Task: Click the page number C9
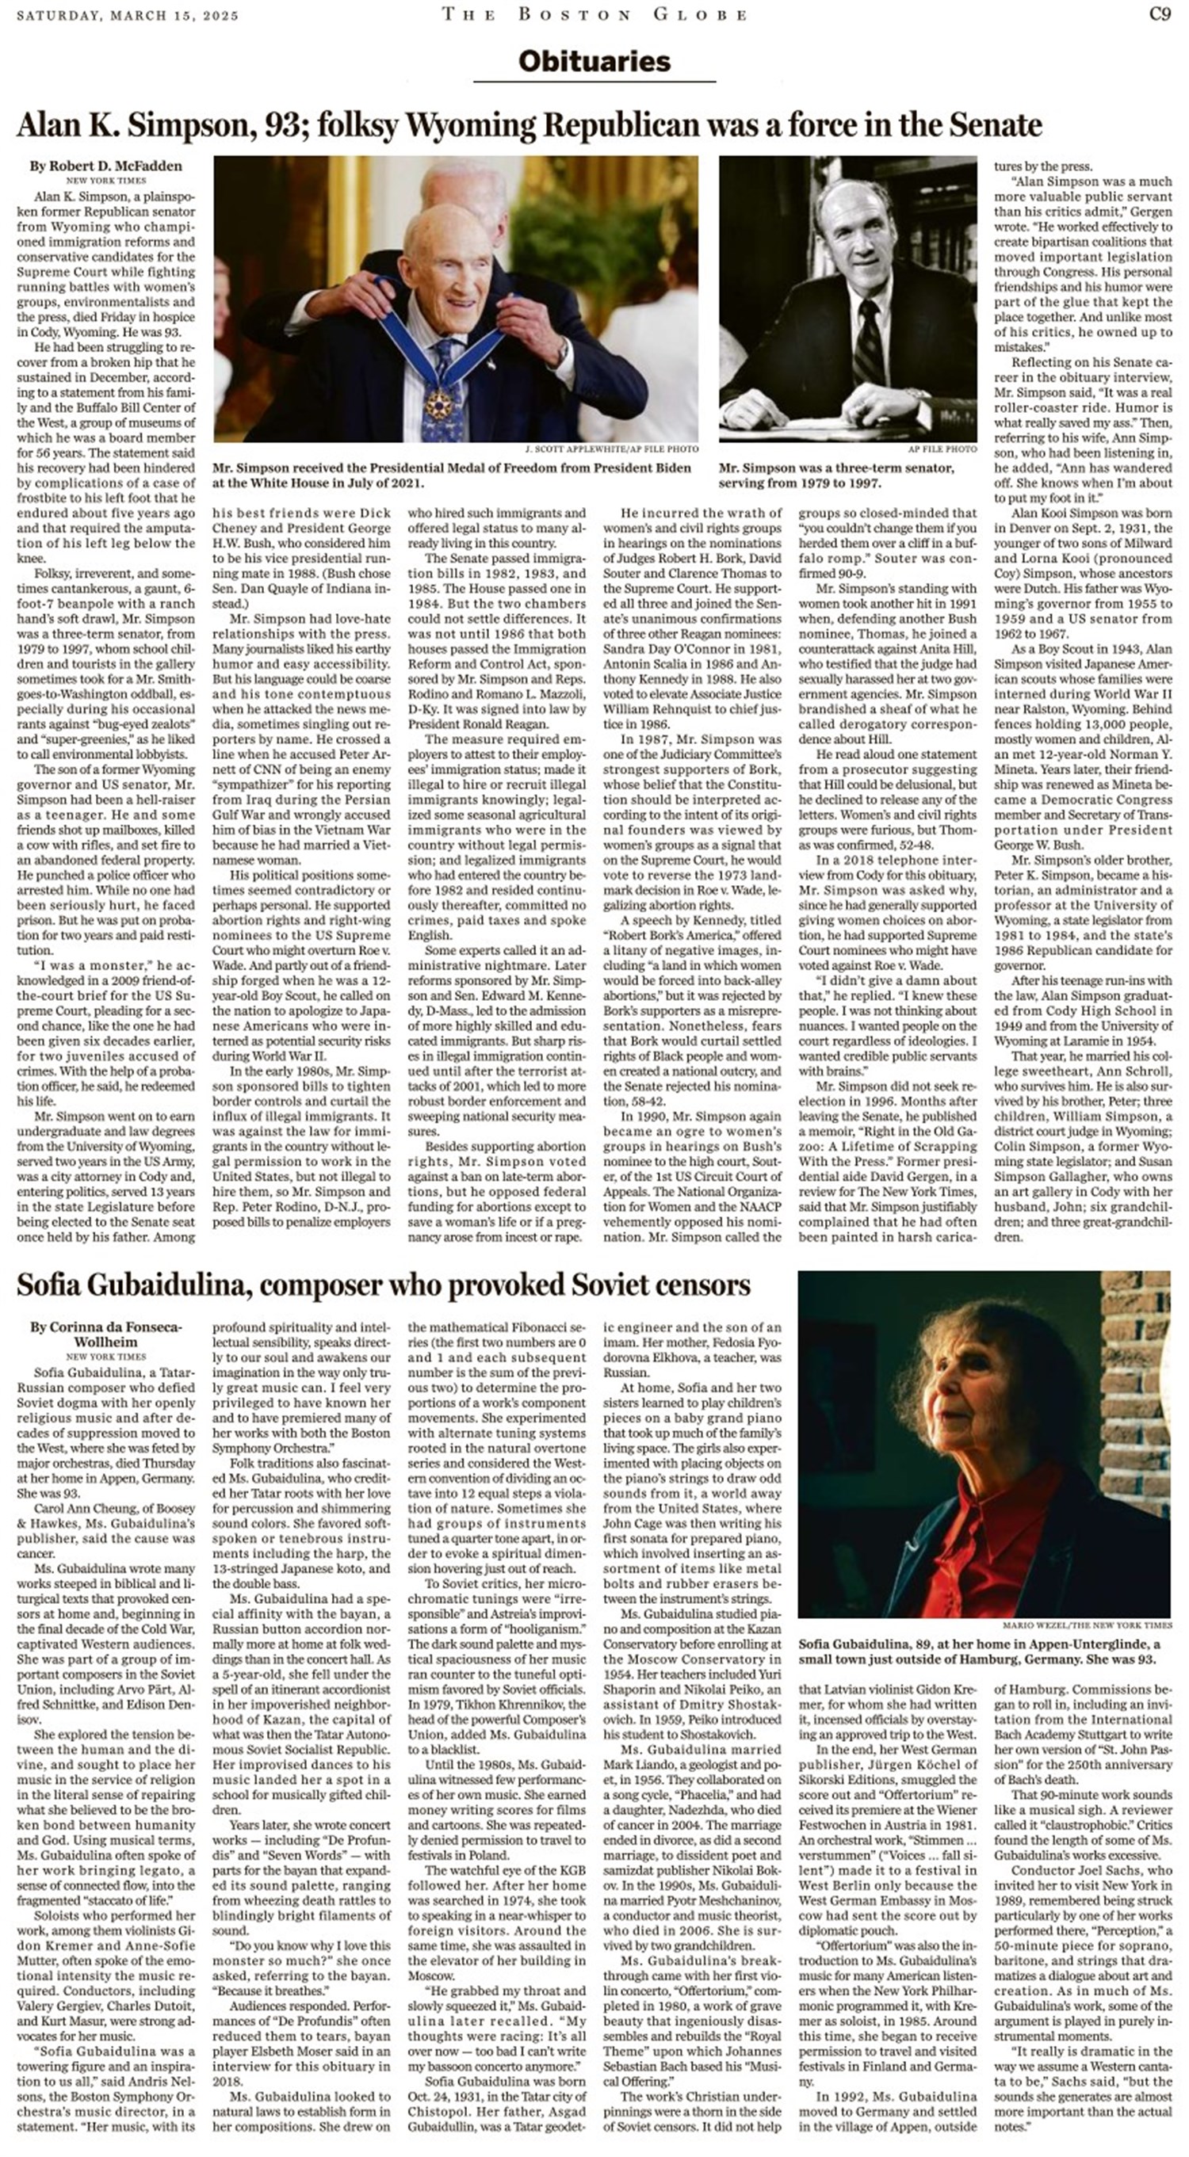click(1159, 13)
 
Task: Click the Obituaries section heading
click(594, 61)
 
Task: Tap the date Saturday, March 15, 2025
click(128, 15)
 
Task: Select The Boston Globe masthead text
click(594, 13)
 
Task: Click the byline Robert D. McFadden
click(105, 166)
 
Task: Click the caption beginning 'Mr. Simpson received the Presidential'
click(452, 475)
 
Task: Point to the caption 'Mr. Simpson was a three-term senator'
click(835, 475)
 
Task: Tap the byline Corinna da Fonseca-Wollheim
click(105, 1334)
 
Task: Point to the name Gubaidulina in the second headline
click(165, 1285)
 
